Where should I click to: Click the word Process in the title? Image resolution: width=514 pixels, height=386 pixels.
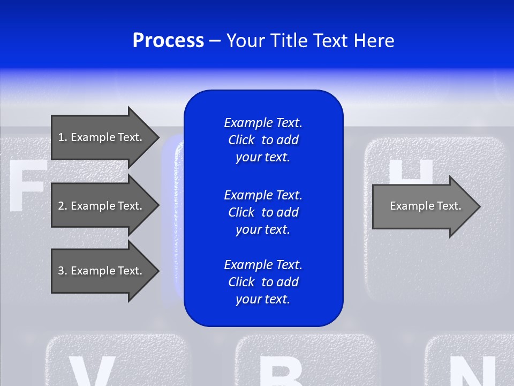pyautogui.click(x=168, y=41)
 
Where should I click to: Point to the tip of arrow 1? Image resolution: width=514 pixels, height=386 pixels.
pyautogui.click(x=158, y=137)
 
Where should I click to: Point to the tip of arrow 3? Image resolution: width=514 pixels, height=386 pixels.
pyautogui.click(x=158, y=271)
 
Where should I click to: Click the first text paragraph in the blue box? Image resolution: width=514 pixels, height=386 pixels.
pyautogui.click(x=263, y=140)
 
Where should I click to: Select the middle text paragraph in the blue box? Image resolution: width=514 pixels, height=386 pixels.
pyautogui.click(x=263, y=212)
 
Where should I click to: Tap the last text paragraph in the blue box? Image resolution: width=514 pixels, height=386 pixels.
pyautogui.click(x=263, y=282)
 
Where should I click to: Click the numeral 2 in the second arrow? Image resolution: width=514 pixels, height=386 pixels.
pyautogui.click(x=61, y=206)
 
